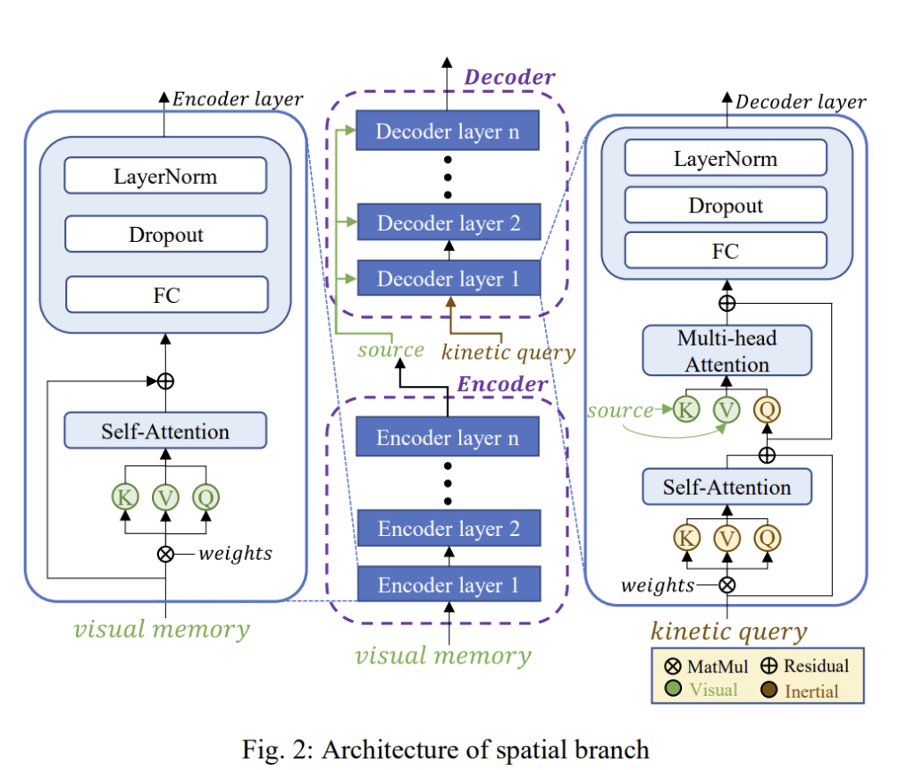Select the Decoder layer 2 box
[x=449, y=222]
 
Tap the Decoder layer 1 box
[x=449, y=279]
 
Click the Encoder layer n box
[x=449, y=438]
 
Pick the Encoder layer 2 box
[x=449, y=529]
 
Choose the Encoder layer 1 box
[x=449, y=585]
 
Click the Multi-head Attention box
[x=726, y=351]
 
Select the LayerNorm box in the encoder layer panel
[x=165, y=175]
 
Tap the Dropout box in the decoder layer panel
[x=726, y=205]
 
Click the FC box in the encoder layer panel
[x=166, y=295]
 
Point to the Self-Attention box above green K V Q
[x=165, y=431]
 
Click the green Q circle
[x=206, y=497]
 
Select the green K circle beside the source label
[x=686, y=410]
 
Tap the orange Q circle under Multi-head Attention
[x=767, y=410]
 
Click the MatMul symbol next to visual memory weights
[x=165, y=553]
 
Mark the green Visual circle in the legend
[x=674, y=689]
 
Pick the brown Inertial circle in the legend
[x=768, y=689]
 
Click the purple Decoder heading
[x=509, y=78]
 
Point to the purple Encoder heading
[x=502, y=384]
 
